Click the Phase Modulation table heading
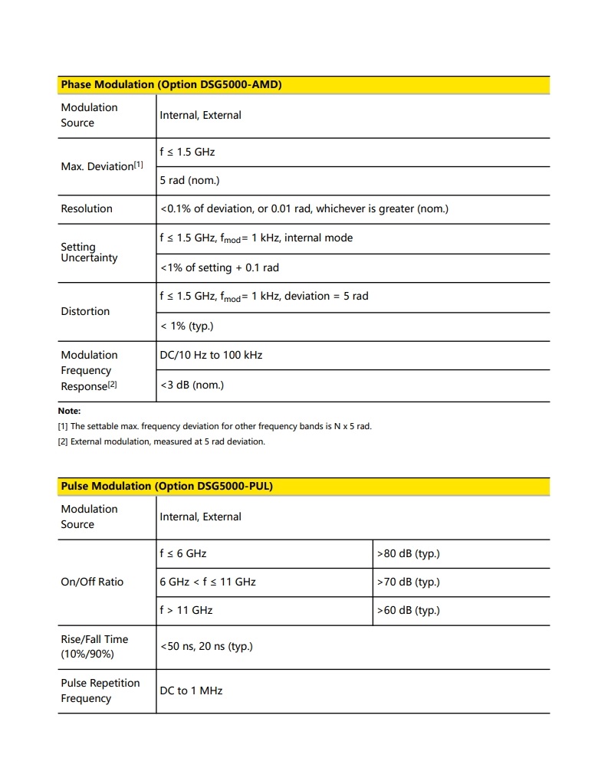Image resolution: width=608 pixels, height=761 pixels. [x=171, y=85]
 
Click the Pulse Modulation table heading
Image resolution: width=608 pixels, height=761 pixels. [x=166, y=486]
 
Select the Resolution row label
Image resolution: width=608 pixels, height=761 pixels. [x=87, y=208]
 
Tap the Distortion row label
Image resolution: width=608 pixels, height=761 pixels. [x=85, y=311]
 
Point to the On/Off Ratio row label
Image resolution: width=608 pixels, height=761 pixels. [x=92, y=582]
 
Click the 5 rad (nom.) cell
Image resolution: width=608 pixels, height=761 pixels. [x=189, y=180]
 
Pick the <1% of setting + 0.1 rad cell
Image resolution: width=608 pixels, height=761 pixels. [x=219, y=267]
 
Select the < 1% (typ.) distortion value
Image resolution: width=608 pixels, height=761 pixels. [x=186, y=326]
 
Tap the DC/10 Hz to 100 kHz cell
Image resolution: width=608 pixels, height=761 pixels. [x=211, y=355]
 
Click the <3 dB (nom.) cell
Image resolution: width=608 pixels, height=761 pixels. [x=192, y=385]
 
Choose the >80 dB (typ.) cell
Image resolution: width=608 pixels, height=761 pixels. [x=408, y=553]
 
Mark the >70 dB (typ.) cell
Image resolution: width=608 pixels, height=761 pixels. [x=408, y=582]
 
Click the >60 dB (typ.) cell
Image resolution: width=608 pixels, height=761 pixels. [x=408, y=610]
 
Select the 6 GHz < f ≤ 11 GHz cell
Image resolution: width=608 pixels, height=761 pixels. [x=208, y=582]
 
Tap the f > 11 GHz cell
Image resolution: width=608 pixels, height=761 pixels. [x=186, y=610]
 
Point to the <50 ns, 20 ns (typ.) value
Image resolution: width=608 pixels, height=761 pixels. [x=206, y=646]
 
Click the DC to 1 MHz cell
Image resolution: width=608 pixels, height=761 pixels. [x=191, y=690]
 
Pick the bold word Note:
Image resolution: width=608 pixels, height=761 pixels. [x=69, y=411]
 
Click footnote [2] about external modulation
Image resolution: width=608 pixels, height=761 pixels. [x=161, y=441]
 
